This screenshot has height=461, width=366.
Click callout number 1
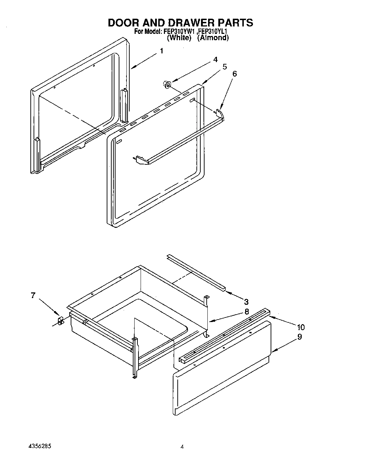pyautogui.click(x=161, y=51)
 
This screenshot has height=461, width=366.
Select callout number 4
pyautogui.click(x=216, y=60)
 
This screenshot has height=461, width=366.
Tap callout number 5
pyautogui.click(x=225, y=67)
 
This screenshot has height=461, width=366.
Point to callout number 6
pyautogui.click(x=235, y=74)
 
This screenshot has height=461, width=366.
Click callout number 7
pyautogui.click(x=33, y=296)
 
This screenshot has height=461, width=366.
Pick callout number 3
pyautogui.click(x=246, y=302)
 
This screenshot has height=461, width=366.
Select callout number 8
pyautogui.click(x=247, y=311)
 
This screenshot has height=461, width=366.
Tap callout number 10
pyautogui.click(x=301, y=327)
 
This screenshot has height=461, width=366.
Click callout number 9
pyautogui.click(x=300, y=337)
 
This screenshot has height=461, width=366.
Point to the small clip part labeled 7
pyautogui.click(x=60, y=321)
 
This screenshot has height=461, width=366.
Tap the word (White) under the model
pyautogui.click(x=179, y=38)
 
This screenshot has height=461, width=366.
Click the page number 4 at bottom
pyautogui.click(x=182, y=447)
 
